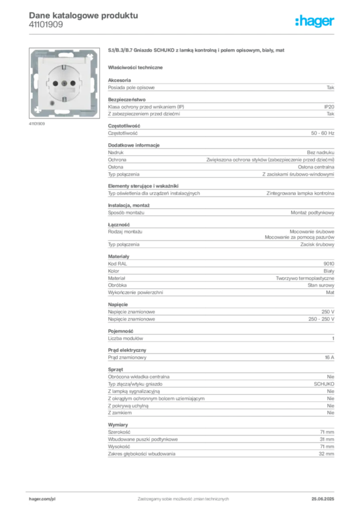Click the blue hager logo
click(x=316, y=22)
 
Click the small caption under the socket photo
click(x=37, y=124)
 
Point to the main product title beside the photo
click(x=197, y=51)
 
